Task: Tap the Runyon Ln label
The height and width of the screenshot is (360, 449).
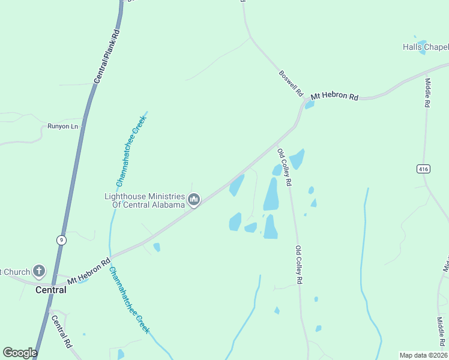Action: coord(63,127)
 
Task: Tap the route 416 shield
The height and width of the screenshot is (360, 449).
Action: coord(423,169)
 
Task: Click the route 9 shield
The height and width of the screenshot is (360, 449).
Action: coord(61,240)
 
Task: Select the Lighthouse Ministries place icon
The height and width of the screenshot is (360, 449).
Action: coord(194,200)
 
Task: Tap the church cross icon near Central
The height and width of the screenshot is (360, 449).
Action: coord(39,271)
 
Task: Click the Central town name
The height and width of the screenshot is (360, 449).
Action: coord(51,290)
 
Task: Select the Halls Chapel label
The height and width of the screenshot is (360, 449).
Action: coord(426,47)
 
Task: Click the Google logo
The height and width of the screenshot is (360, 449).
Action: coord(20,353)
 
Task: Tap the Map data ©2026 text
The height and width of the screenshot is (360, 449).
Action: coord(423,355)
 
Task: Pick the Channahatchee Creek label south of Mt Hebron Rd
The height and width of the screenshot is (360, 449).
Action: coord(128,301)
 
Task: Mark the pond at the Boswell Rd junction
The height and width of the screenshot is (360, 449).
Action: coord(310,105)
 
